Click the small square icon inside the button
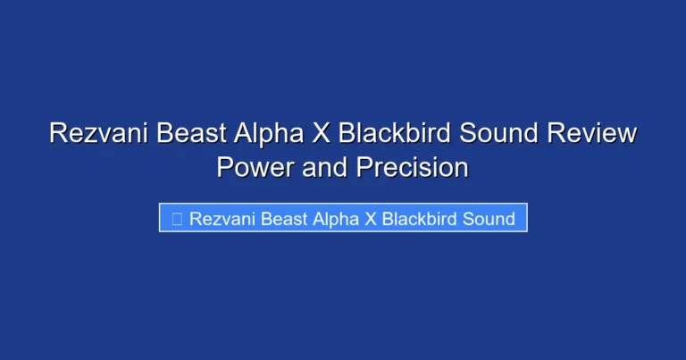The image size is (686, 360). [176, 219]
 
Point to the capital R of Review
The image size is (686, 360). [553, 134]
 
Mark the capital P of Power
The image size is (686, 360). [225, 167]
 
